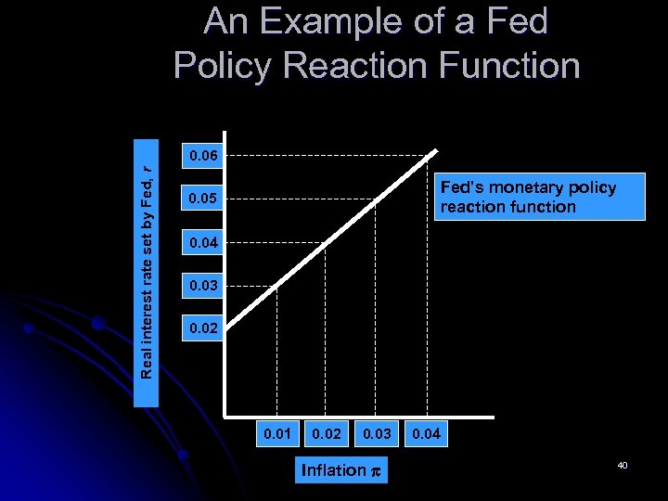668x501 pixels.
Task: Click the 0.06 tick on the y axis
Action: (x=203, y=156)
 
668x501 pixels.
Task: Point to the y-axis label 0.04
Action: (x=203, y=243)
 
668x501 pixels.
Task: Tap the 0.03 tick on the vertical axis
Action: (x=203, y=286)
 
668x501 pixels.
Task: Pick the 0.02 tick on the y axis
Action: (x=203, y=329)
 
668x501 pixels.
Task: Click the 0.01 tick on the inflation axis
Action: (x=277, y=433)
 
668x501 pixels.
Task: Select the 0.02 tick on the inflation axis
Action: (x=327, y=433)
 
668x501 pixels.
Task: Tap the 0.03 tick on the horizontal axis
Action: (x=377, y=433)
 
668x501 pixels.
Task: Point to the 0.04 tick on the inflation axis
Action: (x=427, y=433)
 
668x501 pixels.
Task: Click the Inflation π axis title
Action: (x=341, y=470)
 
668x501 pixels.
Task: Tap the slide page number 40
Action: (x=623, y=464)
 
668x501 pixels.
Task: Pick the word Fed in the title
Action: (x=515, y=22)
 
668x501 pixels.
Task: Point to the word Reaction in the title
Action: (x=361, y=65)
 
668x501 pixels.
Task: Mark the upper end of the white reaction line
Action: (x=434, y=155)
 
